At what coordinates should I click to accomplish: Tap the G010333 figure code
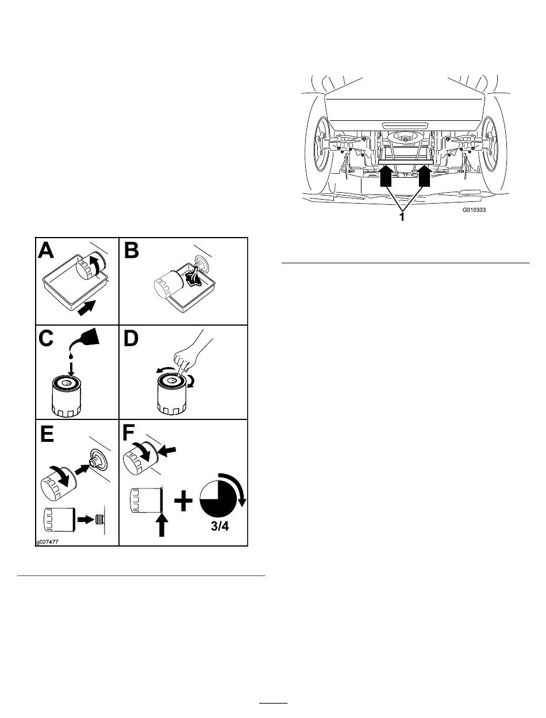click(474, 211)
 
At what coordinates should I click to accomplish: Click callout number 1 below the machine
click(402, 218)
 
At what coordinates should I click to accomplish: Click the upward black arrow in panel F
click(163, 524)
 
